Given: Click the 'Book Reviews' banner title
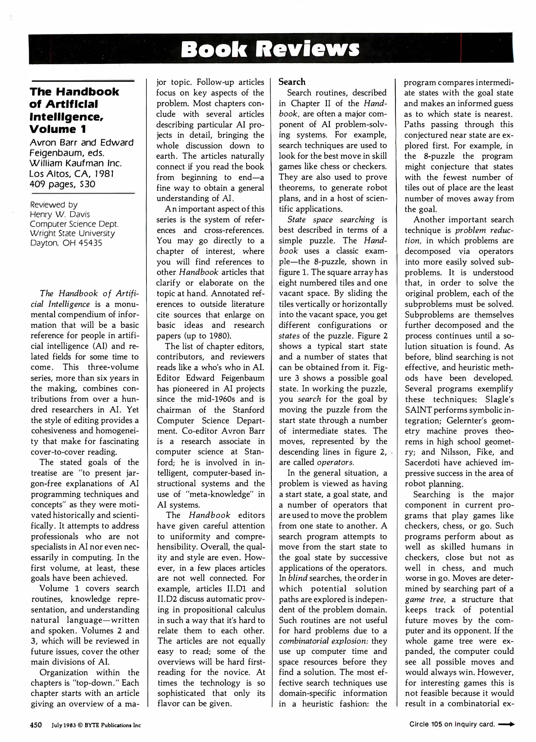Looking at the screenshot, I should (x=270, y=49).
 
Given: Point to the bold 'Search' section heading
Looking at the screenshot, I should (x=292, y=82).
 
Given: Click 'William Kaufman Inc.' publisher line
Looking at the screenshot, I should (x=76, y=163).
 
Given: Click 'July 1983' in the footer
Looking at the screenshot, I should (x=63, y=725).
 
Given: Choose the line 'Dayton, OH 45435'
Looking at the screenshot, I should (x=66, y=243).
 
